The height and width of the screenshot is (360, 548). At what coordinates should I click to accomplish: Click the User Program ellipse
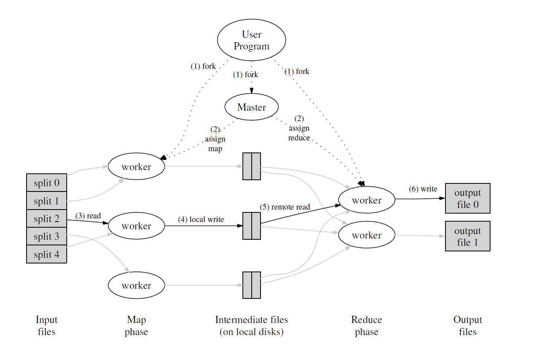coord(251,40)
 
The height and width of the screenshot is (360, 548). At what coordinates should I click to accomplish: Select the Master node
coord(251,107)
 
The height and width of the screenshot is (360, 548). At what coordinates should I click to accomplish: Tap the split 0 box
coord(47,183)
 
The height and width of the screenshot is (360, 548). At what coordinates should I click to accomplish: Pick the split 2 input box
coord(47,219)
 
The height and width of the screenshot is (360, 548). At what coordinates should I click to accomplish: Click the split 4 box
coord(47,255)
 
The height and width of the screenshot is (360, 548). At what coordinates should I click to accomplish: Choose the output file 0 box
coord(468,198)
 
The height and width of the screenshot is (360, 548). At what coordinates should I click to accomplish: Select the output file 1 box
coord(468,237)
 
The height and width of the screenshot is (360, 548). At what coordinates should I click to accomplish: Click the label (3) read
coord(88,216)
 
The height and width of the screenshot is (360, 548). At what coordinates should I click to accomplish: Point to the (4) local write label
coord(201,220)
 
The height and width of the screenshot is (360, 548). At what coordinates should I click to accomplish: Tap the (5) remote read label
coord(285,207)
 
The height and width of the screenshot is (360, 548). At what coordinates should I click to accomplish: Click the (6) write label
coord(423,189)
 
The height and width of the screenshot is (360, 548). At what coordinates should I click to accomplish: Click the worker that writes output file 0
coord(367,200)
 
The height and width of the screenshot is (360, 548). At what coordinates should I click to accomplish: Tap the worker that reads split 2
coord(136,226)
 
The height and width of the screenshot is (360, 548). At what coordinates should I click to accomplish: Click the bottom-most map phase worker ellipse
coord(136,286)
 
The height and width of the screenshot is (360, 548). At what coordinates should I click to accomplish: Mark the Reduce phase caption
coord(366,326)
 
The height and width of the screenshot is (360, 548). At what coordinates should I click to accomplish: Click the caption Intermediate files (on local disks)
coord(251,326)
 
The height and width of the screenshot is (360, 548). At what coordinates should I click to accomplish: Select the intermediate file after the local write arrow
coord(252,226)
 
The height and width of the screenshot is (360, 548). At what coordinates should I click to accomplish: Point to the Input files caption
coord(47,326)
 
